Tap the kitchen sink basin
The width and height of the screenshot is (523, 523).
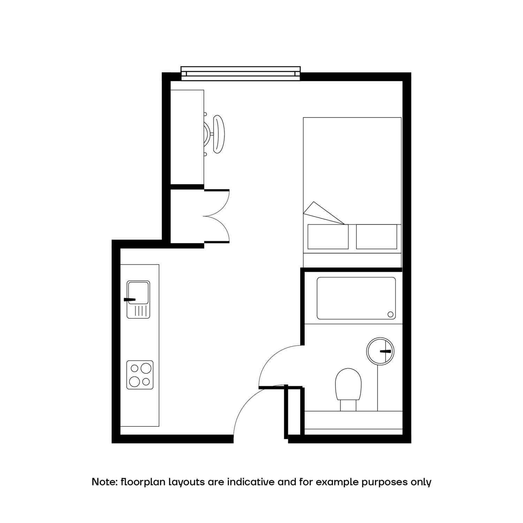click(138, 293)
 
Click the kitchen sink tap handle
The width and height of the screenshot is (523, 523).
click(130, 300)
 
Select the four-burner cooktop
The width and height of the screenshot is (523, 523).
click(140, 375)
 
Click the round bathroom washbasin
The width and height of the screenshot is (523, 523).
click(380, 351)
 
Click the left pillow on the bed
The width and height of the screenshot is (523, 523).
click(328, 237)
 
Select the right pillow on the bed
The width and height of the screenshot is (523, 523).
click(377, 237)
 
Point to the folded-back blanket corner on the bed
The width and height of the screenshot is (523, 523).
click(322, 213)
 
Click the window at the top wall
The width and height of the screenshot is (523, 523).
click(241, 73)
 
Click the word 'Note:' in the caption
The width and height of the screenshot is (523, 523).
click(104, 482)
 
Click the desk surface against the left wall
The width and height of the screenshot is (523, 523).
click(187, 137)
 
